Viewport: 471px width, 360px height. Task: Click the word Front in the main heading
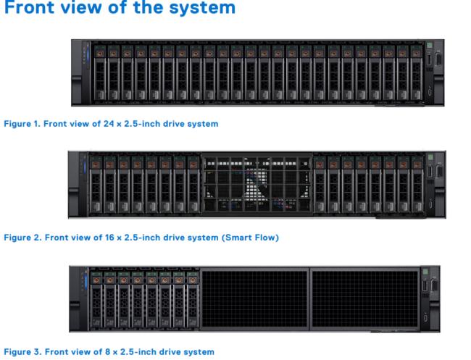(x=30, y=7)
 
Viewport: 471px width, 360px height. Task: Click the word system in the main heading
(x=202, y=7)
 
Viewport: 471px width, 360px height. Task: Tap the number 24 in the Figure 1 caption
(x=109, y=124)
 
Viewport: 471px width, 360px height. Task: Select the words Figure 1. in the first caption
(x=22, y=124)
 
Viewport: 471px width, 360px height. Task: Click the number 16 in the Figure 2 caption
(x=109, y=238)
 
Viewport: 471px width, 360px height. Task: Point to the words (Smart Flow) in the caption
(x=250, y=238)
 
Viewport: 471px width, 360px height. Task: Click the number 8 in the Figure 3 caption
(x=107, y=351)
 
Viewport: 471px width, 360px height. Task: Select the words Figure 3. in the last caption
(x=22, y=351)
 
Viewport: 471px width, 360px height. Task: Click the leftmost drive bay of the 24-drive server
(x=100, y=72)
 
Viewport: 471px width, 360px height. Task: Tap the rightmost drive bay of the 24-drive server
(x=417, y=72)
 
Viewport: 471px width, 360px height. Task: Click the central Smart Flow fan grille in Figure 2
(x=257, y=184)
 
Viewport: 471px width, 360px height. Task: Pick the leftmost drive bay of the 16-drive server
(x=96, y=184)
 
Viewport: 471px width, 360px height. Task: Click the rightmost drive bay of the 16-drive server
(x=417, y=184)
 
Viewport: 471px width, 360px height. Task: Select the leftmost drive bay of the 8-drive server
(x=96, y=299)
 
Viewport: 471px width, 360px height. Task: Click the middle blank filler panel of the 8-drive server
(x=255, y=298)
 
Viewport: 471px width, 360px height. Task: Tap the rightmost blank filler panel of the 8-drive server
(x=365, y=298)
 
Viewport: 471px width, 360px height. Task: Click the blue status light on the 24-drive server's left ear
(x=88, y=56)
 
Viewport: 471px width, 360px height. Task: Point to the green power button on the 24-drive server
(x=429, y=46)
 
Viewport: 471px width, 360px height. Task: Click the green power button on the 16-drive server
(x=430, y=157)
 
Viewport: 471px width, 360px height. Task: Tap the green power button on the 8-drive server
(x=425, y=272)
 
